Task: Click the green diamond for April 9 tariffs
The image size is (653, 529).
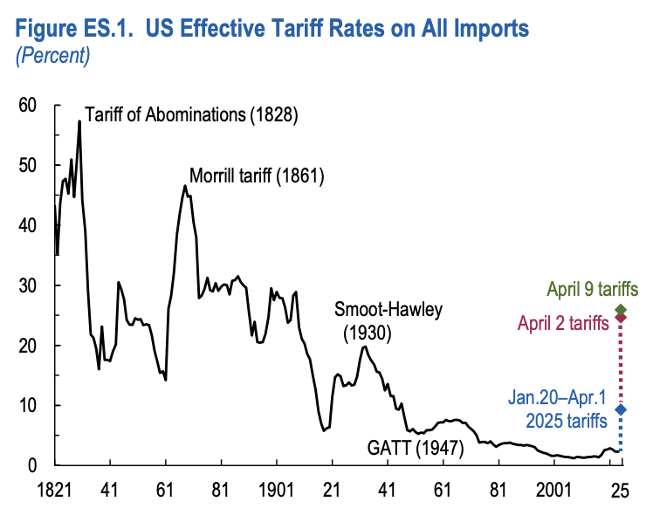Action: pyautogui.click(x=621, y=310)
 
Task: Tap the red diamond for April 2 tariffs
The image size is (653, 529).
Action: pyautogui.click(x=621, y=318)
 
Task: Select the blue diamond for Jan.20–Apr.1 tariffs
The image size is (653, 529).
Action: pyautogui.click(x=621, y=409)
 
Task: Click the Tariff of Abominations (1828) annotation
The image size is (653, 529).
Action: pyautogui.click(x=191, y=114)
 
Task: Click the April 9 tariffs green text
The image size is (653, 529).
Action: pyautogui.click(x=593, y=289)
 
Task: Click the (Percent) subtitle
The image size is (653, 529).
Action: pyautogui.click(x=53, y=57)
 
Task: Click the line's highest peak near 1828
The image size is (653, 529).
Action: pyautogui.click(x=79, y=121)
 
